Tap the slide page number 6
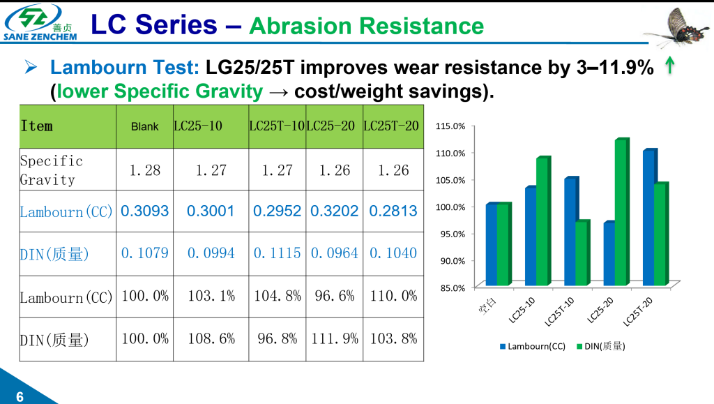click(20, 396)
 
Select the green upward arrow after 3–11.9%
click(669, 67)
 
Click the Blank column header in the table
click(145, 127)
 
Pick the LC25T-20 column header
click(392, 126)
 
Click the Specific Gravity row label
click(52, 170)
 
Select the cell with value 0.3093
click(145, 211)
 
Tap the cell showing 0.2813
click(392, 211)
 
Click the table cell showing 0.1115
click(276, 253)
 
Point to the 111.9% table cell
click(334, 338)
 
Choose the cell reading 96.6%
click(334, 296)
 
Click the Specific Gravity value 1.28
click(145, 170)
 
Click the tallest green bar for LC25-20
click(621, 213)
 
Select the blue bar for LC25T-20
click(648, 218)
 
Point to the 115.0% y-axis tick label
click(450, 126)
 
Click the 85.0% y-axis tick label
click(451, 287)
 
